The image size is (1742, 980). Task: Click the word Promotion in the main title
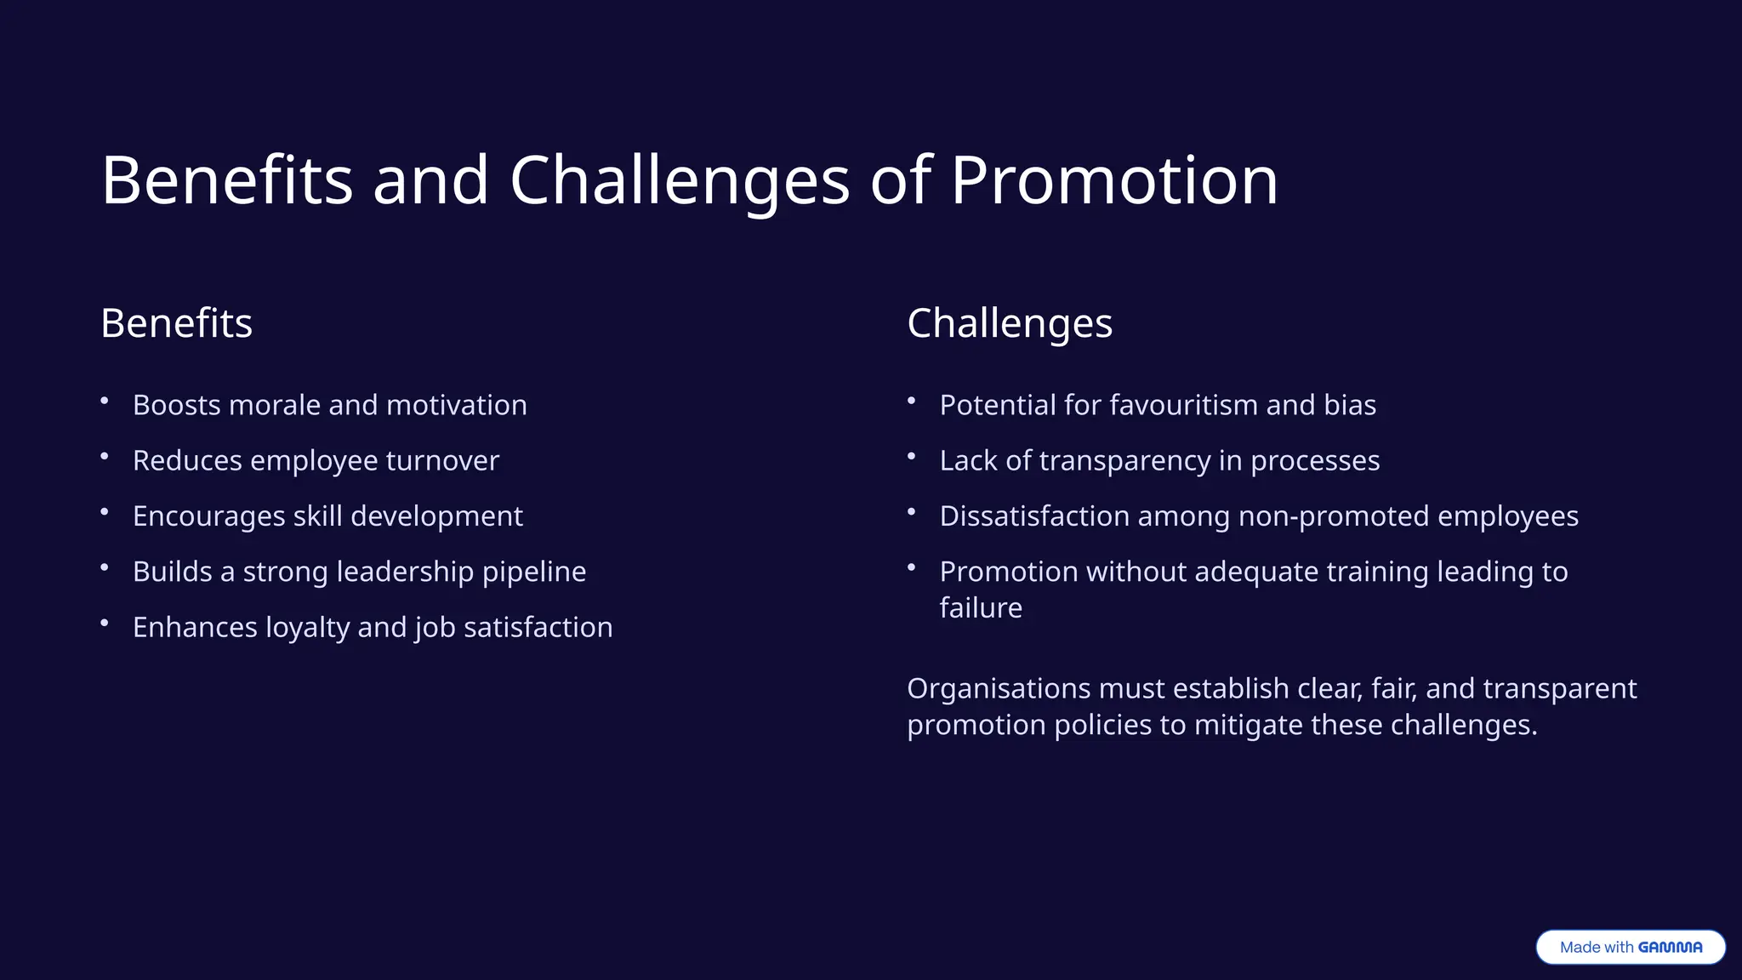1113,180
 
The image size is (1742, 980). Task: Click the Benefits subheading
176,323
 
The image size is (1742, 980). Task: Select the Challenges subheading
1009,323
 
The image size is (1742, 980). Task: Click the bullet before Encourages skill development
105,512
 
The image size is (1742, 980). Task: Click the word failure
981,608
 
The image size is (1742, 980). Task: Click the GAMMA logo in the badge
1670,947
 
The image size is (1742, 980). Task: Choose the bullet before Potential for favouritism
911,401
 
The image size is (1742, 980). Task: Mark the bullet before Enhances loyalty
105,624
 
